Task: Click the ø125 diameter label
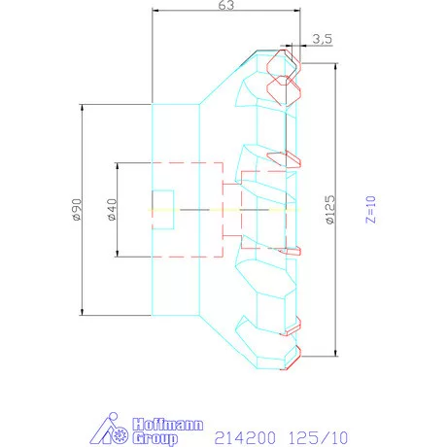[x=329, y=209]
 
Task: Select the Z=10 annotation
[x=369, y=209]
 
